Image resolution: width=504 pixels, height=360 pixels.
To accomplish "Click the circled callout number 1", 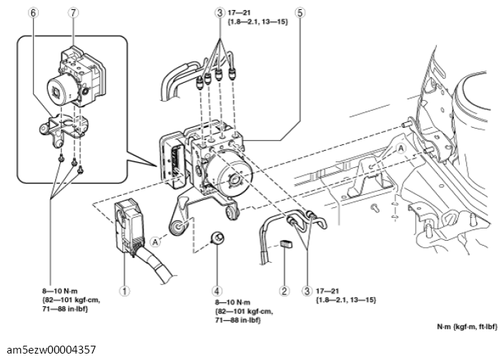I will point(125,291).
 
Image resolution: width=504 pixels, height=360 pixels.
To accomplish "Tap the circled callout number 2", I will point(285,291).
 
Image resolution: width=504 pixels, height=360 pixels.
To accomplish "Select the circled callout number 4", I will point(217,291).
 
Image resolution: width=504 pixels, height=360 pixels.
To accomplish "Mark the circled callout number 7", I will point(73,12).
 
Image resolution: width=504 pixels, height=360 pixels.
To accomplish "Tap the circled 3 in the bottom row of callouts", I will point(307,291).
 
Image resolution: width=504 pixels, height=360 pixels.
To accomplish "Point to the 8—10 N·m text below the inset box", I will point(59,292).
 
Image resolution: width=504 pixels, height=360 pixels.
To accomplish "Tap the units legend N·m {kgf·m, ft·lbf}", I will point(468,326).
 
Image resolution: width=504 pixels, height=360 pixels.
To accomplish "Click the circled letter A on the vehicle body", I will point(400,146).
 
